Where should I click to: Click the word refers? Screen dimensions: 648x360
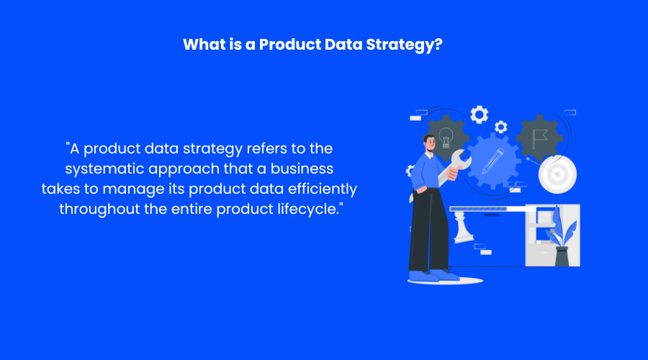click(267, 148)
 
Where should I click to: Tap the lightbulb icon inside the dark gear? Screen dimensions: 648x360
click(446, 138)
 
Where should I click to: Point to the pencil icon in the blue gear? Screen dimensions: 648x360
click(492, 161)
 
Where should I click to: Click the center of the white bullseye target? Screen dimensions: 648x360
click(557, 174)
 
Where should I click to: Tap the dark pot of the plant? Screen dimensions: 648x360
click(562, 256)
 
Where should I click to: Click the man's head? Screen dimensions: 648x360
click(429, 144)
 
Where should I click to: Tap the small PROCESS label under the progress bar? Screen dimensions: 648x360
click(492, 215)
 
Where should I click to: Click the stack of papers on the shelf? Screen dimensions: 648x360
click(544, 217)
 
